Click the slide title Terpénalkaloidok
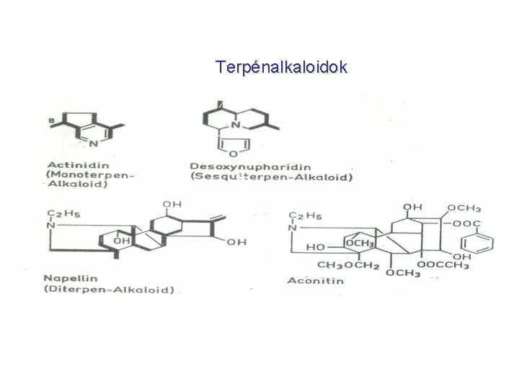pos(281,68)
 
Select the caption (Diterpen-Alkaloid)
pos(109,290)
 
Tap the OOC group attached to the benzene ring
pos(466,223)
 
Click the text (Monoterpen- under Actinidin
pos(90,174)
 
